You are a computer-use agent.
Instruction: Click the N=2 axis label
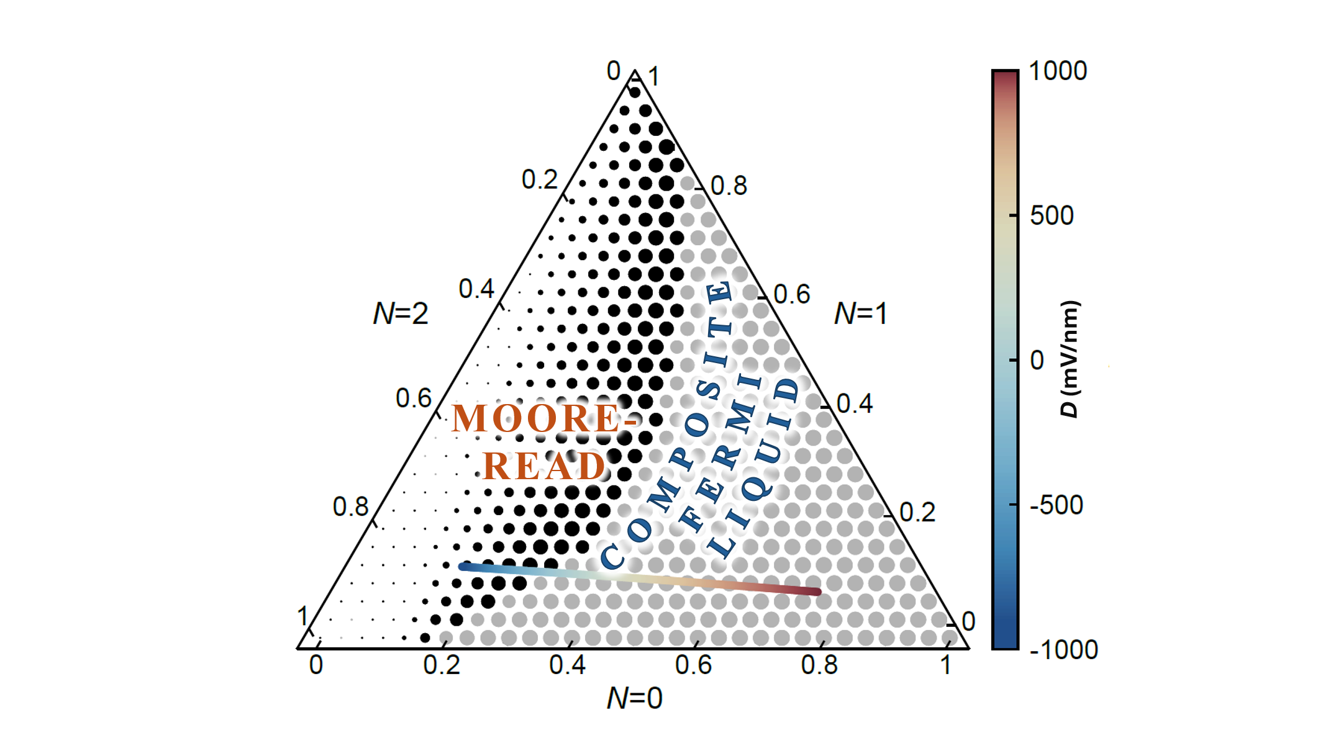click(x=401, y=314)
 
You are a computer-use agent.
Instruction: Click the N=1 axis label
click(x=860, y=314)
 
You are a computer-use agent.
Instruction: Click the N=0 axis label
click(x=634, y=698)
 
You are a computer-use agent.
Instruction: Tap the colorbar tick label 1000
click(x=1058, y=71)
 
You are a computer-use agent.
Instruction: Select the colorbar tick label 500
click(x=1051, y=216)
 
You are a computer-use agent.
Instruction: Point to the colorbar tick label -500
click(x=1056, y=505)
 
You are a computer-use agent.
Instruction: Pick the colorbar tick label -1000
click(x=1063, y=650)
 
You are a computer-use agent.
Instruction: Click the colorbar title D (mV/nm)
click(x=1070, y=359)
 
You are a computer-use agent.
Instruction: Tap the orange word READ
click(x=544, y=466)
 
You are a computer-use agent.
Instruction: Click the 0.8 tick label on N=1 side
click(x=729, y=186)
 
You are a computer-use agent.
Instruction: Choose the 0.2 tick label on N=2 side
click(x=539, y=180)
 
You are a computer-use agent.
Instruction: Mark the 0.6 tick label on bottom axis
click(x=693, y=665)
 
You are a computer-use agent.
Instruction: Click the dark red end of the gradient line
click(x=817, y=592)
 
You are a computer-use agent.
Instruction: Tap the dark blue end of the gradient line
click(x=462, y=566)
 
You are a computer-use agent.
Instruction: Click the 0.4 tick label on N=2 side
click(x=476, y=289)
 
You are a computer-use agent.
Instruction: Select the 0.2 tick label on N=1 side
click(x=917, y=513)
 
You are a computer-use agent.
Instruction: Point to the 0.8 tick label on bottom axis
click(x=819, y=665)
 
